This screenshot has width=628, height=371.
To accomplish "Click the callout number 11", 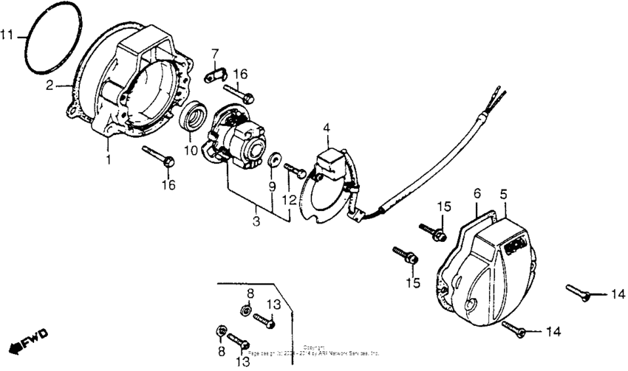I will point(7,35).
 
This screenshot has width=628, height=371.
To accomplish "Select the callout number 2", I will point(50,86).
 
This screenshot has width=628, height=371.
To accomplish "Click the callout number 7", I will point(215,54).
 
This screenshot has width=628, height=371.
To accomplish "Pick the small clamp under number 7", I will point(214,74).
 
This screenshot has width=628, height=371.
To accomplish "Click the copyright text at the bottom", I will point(314,350).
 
